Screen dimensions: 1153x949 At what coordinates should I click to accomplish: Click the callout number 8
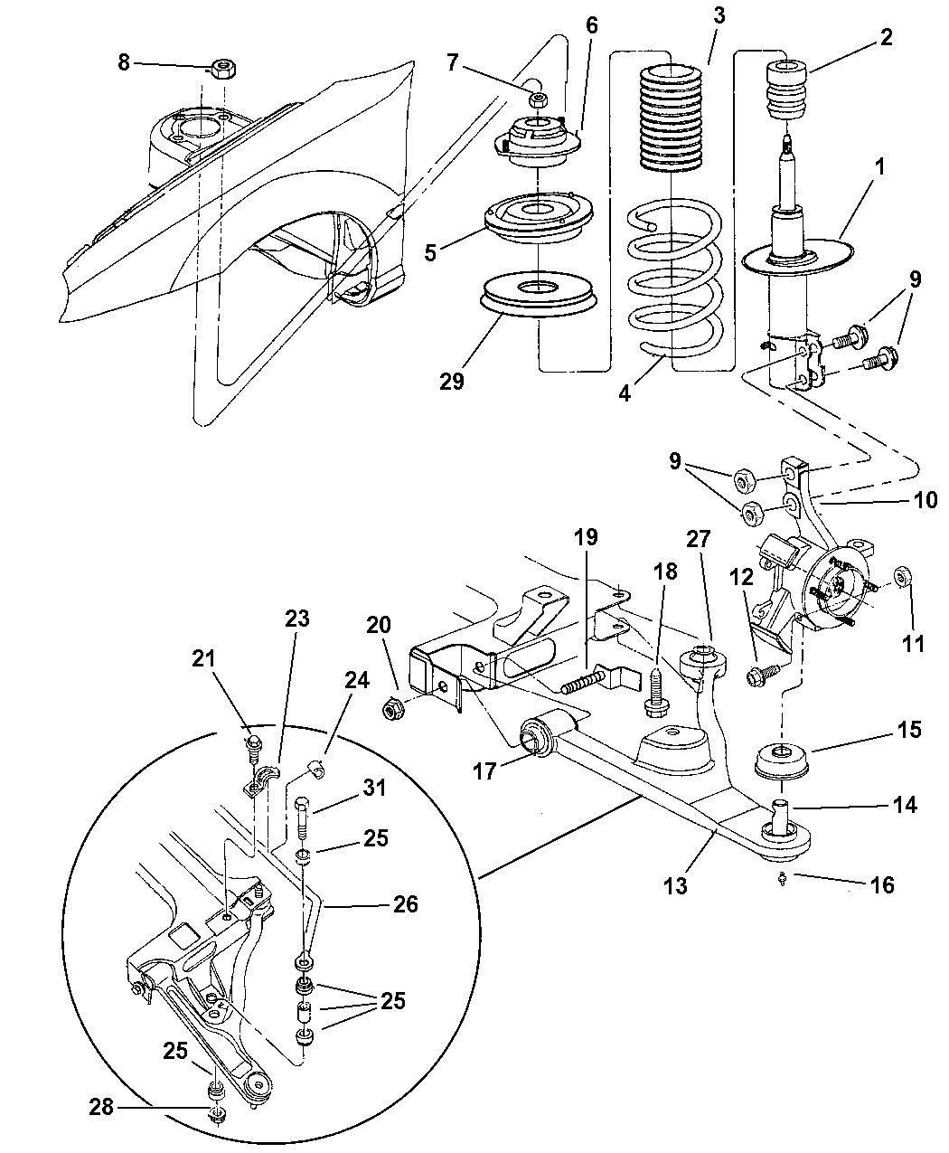(x=124, y=61)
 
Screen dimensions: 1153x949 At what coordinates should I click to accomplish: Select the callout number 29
(x=452, y=381)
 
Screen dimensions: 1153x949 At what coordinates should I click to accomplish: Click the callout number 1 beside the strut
(x=853, y=166)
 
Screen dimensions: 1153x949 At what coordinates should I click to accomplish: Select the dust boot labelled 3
(x=672, y=118)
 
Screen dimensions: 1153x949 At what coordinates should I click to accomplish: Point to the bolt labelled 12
(x=757, y=674)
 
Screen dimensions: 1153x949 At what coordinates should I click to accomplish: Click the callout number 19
(x=585, y=537)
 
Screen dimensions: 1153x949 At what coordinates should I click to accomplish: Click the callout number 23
(x=297, y=619)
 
